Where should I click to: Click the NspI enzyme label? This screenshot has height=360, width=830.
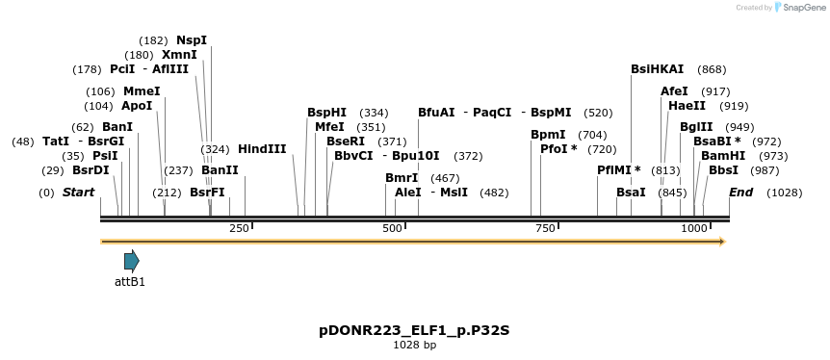click(191, 40)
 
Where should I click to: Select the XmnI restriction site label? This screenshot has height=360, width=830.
click(179, 55)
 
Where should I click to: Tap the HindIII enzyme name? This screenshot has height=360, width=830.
click(262, 149)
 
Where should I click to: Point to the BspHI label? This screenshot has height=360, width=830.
click(326, 113)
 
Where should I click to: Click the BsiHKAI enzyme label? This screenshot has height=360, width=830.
click(657, 69)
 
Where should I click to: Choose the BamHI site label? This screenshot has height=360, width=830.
click(722, 156)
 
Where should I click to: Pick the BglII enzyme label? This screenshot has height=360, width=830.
click(696, 127)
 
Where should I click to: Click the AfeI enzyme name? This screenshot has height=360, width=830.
click(674, 91)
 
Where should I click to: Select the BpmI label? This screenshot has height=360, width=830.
click(548, 135)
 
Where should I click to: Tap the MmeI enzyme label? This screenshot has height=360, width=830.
click(142, 91)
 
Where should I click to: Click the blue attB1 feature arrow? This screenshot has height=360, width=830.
click(131, 261)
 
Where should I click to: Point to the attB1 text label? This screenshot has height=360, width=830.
click(130, 282)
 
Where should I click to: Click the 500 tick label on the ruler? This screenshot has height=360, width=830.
click(392, 228)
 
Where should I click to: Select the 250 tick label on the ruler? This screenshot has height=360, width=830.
click(239, 228)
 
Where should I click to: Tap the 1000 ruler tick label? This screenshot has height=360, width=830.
click(694, 228)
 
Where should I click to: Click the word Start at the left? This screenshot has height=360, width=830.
click(78, 193)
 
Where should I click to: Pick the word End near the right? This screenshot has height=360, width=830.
click(740, 193)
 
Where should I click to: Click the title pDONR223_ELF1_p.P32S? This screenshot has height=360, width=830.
click(414, 331)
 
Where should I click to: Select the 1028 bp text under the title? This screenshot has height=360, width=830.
click(414, 345)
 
